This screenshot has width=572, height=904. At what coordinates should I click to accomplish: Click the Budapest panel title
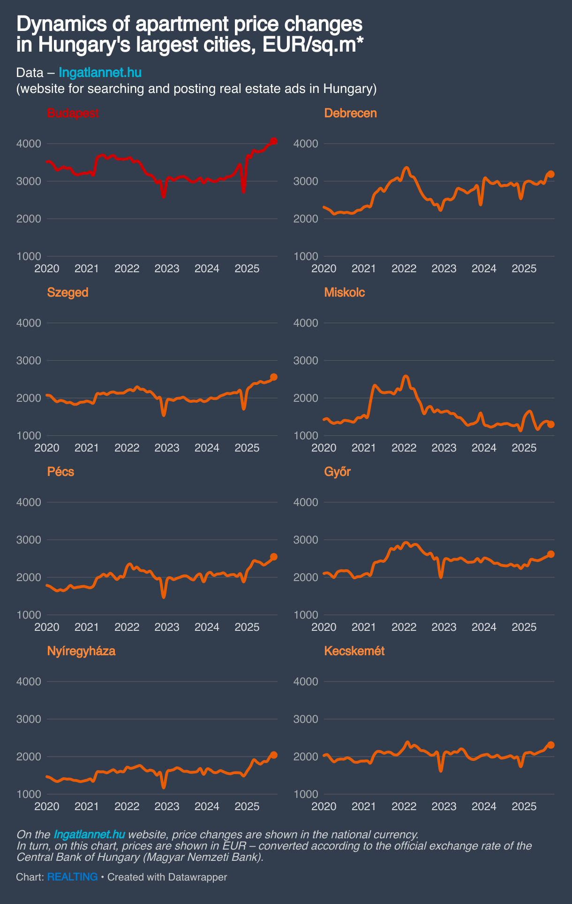point(73,113)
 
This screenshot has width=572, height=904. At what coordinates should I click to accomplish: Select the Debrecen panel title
point(350,113)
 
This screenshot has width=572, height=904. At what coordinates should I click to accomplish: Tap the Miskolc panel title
point(344,292)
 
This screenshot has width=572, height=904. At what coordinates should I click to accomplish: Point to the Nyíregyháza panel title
point(81,651)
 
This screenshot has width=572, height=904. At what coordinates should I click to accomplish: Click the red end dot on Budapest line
point(274,141)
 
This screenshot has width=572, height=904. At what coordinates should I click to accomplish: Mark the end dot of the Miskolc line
point(551,424)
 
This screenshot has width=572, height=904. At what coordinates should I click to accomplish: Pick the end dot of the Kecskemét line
point(551,745)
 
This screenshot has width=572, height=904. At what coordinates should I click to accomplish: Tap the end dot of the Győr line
point(551,554)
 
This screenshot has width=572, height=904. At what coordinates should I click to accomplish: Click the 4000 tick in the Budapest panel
point(29,144)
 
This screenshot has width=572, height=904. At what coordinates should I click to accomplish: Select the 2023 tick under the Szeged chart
point(167,448)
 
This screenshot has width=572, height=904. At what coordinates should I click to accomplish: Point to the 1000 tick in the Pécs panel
point(29,615)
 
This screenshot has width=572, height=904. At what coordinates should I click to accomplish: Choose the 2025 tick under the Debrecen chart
point(524,268)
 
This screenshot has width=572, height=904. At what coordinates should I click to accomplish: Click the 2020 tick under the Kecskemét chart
point(324,806)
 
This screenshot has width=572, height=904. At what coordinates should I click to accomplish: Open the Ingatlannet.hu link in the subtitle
point(100,73)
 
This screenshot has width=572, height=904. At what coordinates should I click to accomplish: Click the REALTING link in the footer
point(72,877)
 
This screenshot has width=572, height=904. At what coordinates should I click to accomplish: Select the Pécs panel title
point(60,472)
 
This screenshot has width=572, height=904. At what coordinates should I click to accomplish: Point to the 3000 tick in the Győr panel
point(306,540)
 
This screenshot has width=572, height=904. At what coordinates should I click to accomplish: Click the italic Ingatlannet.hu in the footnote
point(89,835)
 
